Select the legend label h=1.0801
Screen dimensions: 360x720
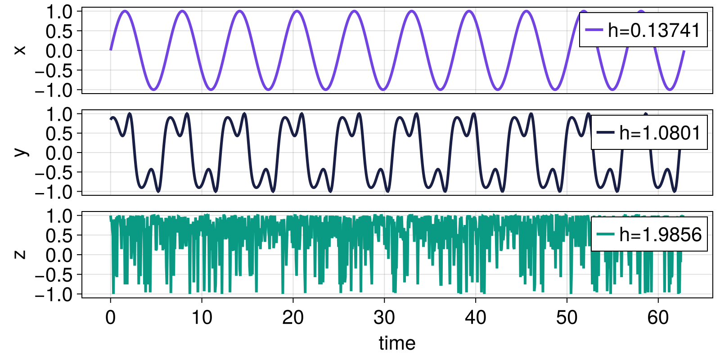tap(660, 133)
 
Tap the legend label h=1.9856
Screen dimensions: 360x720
tap(660, 234)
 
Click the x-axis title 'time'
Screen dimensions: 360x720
tap(397, 343)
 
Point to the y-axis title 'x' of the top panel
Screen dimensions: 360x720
tap(20, 50)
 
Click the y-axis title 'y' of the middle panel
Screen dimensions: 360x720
tap(20, 152)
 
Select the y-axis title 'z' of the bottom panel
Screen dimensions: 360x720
tap(20, 254)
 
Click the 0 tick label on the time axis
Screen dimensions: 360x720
tap(110, 318)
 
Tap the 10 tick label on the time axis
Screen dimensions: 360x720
tap(202, 318)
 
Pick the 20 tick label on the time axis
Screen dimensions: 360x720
tap(293, 318)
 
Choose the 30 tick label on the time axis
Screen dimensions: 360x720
tap(384, 318)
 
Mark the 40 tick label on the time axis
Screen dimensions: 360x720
tap(476, 318)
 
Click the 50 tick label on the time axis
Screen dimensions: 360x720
tap(567, 318)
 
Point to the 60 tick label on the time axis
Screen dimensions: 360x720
tap(658, 318)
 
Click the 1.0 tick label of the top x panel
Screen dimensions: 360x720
tap(59, 12)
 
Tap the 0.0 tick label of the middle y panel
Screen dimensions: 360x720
tap(59, 153)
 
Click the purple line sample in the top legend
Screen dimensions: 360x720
tap(594, 30)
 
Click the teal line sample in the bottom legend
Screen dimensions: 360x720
tap(605, 234)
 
